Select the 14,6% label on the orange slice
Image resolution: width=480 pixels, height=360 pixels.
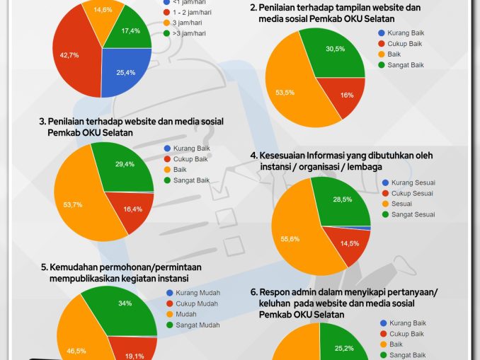pos(103,10)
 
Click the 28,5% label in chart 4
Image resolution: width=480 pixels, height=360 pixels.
pos(343,200)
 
